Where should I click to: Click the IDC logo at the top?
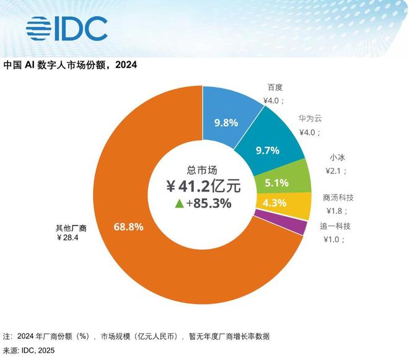pos(67,27)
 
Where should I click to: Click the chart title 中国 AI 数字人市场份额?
pos(71,65)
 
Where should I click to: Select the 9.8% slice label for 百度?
pos(226,122)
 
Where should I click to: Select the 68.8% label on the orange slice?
pos(128,227)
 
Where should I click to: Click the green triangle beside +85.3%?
pos(179,203)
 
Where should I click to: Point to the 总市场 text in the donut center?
pos(203,168)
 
